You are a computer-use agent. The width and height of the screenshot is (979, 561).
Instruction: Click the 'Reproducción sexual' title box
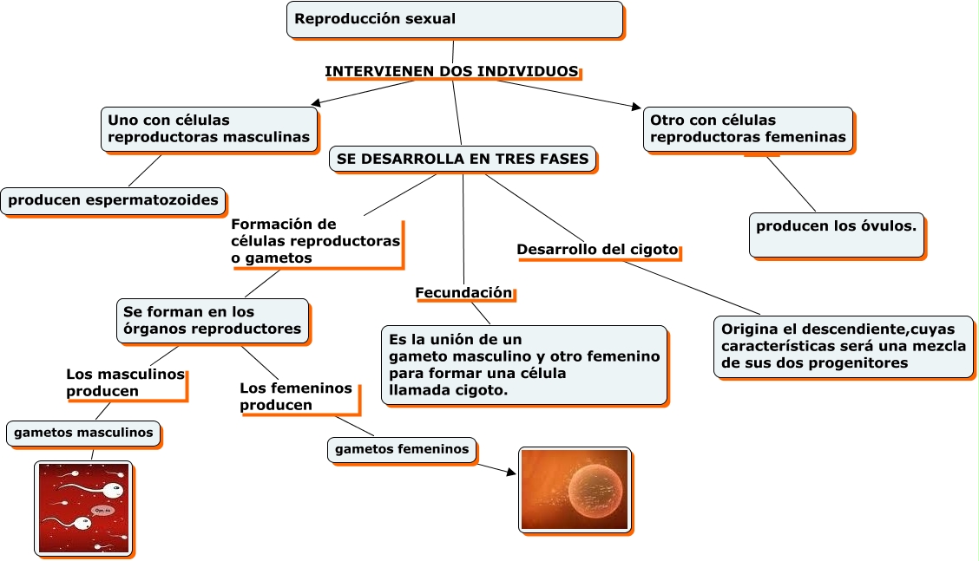[x=454, y=20]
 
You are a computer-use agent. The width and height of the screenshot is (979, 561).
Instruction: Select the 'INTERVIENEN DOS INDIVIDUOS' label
[x=451, y=71]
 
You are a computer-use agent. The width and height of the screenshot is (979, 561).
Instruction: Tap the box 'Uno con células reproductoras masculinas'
[x=209, y=129]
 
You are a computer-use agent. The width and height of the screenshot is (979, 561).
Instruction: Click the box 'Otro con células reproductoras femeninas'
[x=748, y=129]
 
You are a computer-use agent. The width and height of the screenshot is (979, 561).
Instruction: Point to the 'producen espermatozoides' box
[x=113, y=201]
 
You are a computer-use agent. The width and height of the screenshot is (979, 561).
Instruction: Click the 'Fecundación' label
[x=464, y=293]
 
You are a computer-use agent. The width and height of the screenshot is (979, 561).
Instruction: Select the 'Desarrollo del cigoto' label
[x=597, y=250]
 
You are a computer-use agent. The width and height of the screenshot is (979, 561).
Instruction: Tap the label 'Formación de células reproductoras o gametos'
[x=316, y=241]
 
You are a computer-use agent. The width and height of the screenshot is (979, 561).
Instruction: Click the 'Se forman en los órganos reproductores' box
[x=213, y=320]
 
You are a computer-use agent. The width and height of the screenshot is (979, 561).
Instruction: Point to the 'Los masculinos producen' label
[x=126, y=382]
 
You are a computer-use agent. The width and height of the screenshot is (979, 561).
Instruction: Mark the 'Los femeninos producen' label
[x=297, y=396]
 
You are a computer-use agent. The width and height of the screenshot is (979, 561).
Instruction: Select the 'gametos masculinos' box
[x=83, y=433]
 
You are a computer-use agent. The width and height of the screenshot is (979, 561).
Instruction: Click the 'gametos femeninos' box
[x=402, y=449]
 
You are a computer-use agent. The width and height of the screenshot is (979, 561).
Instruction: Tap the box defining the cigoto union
[x=523, y=365]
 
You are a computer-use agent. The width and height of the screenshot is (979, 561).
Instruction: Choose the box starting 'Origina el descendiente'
[x=844, y=346]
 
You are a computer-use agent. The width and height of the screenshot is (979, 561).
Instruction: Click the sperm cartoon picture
[x=83, y=508]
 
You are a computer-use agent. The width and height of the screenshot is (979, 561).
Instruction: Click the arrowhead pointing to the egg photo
[x=510, y=473]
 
